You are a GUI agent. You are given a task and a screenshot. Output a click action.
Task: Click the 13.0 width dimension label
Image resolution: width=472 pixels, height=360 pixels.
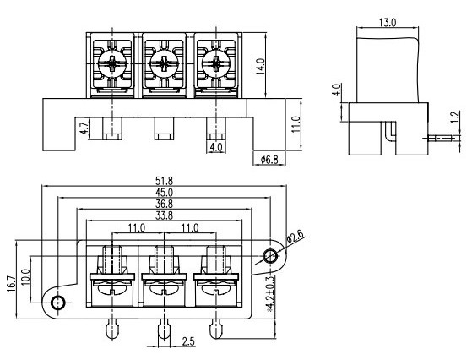[388, 23]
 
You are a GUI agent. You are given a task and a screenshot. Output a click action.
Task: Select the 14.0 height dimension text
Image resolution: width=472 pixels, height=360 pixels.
[260, 66]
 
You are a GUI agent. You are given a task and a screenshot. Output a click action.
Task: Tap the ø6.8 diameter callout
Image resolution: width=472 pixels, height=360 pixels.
[269, 160]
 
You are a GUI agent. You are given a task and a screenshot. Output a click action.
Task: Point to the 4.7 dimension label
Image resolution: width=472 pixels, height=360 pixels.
[84, 128]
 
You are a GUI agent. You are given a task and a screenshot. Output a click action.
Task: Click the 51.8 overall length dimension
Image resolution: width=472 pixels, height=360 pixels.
[164, 181]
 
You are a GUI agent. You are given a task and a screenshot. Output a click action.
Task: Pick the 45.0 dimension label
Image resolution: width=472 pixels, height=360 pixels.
[164, 192]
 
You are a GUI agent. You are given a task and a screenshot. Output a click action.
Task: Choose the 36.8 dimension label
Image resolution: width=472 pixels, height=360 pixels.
[164, 204]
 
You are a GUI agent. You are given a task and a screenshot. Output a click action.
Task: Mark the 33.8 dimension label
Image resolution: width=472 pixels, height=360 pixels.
[164, 215]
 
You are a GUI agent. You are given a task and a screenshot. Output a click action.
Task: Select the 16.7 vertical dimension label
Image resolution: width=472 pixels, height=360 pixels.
[11, 283]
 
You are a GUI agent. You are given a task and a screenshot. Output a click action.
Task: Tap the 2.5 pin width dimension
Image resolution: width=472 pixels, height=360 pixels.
[188, 341]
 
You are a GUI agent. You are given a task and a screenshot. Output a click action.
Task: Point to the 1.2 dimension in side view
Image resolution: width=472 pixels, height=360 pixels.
[455, 117]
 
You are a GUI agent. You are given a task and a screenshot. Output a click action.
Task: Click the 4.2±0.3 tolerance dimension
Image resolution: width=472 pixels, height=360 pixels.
[270, 294]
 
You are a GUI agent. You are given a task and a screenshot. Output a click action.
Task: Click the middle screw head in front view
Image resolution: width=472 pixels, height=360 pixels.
[164, 64]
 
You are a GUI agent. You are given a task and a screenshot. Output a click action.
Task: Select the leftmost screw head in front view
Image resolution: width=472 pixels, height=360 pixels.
[112, 64]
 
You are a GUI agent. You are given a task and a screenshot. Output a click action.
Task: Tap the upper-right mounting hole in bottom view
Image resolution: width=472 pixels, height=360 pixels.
[270, 256]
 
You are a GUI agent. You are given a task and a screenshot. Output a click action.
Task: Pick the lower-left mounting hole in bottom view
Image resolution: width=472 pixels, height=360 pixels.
[58, 303]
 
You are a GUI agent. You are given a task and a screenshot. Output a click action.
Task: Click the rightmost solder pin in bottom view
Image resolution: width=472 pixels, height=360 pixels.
[216, 329]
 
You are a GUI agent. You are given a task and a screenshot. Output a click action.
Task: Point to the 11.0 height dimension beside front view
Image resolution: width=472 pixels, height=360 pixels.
[296, 124]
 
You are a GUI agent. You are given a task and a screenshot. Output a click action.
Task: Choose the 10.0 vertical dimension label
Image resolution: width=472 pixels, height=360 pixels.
[26, 277]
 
